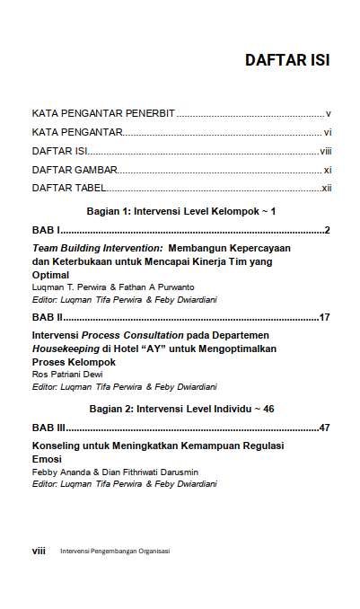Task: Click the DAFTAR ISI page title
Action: [286, 61]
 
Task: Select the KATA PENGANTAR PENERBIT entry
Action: [103, 114]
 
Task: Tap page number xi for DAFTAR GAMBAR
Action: [328, 170]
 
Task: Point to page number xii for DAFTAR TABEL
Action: [327, 188]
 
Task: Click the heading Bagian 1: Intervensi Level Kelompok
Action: [180, 211]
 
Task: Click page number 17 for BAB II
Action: [325, 317]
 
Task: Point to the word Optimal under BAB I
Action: [51, 274]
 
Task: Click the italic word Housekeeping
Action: [65, 348]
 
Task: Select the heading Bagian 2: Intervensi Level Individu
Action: [180, 408]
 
